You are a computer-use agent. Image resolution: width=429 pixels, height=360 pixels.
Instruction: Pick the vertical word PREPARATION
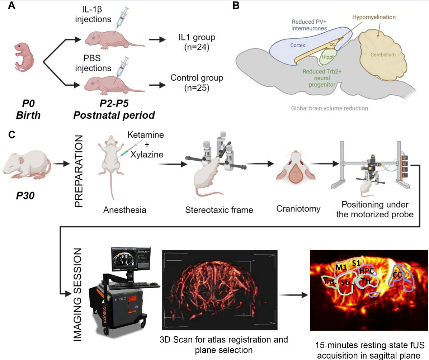[79, 171]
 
